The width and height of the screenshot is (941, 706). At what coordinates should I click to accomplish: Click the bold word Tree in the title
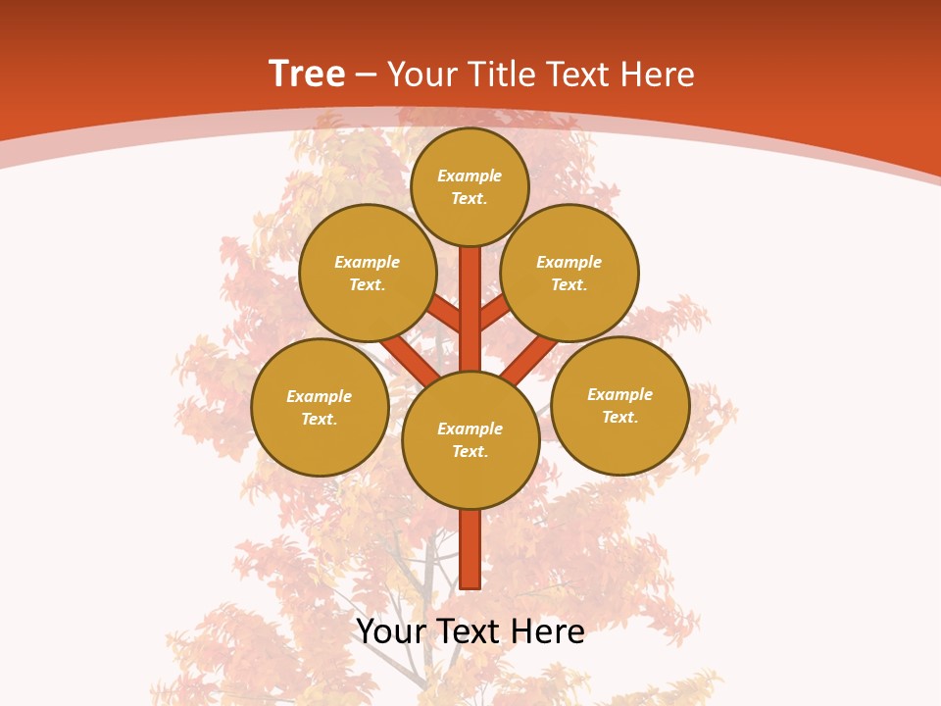click(x=307, y=74)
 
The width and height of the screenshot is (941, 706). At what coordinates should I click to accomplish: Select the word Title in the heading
click(x=496, y=75)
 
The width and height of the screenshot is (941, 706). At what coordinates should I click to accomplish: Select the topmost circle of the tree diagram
click(x=470, y=186)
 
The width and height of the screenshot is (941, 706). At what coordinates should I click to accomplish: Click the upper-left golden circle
click(x=368, y=274)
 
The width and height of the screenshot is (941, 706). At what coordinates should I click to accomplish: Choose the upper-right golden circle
click(x=570, y=274)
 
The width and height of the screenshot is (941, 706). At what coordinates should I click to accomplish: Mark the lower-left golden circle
click(x=320, y=408)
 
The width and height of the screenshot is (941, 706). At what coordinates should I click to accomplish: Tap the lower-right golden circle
click(x=620, y=406)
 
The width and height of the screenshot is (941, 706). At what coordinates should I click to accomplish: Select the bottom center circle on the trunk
click(x=470, y=440)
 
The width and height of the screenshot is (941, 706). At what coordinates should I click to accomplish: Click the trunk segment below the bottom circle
click(x=470, y=549)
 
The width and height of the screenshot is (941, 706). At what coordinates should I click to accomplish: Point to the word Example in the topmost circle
click(x=470, y=176)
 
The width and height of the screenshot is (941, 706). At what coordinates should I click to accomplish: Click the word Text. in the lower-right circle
click(x=619, y=418)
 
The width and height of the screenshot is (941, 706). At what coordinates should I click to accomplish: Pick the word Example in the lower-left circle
click(x=319, y=396)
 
